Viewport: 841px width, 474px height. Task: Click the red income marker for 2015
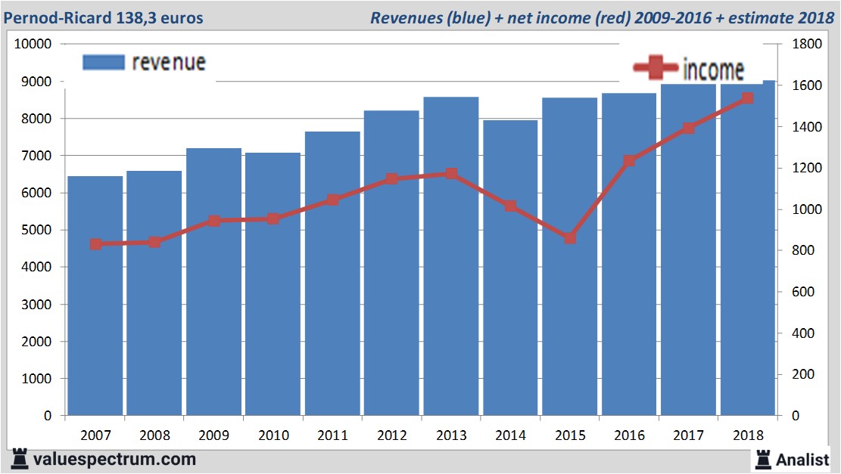pos(570,238)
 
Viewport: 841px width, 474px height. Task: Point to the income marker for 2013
pos(451,174)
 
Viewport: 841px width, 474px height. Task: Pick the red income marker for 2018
pos(747,98)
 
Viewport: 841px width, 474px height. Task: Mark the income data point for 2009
pos(214,222)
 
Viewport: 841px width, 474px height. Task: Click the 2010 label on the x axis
pos(273,435)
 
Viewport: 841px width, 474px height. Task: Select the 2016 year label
pos(629,435)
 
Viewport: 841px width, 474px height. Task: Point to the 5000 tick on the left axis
pos(36,230)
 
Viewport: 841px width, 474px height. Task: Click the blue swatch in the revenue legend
pos(103,63)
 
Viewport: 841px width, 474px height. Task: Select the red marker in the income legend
pos(656,69)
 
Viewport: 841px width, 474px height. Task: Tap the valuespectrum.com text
pos(114,459)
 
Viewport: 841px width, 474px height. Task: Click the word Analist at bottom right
pos(803,459)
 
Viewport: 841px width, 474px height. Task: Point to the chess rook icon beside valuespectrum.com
pos(20,458)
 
